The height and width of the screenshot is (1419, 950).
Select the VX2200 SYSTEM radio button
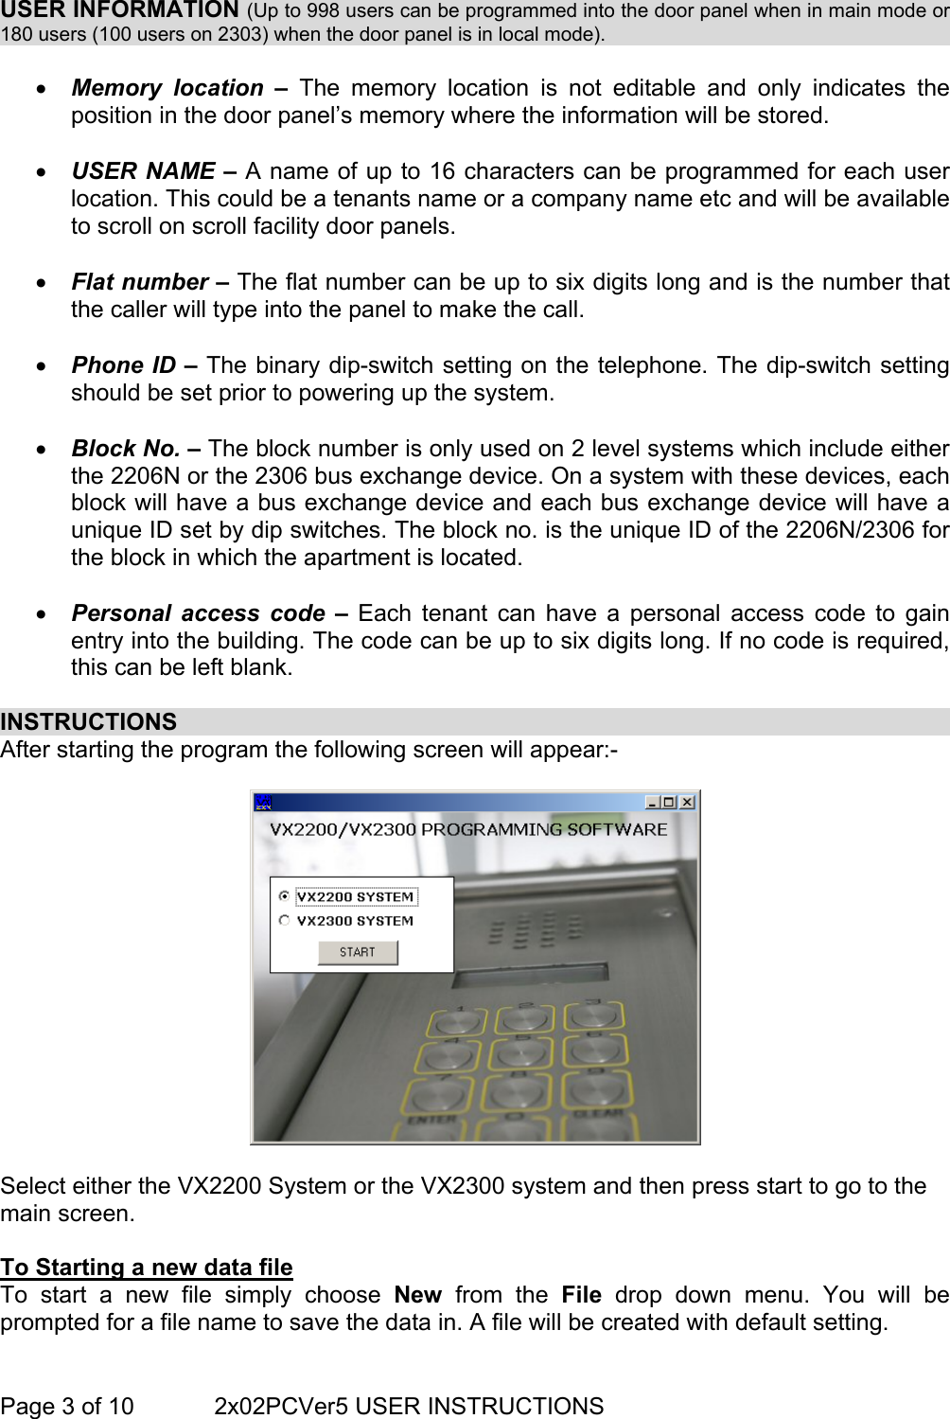pos(284,896)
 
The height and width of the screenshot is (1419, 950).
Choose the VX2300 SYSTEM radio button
pos(284,920)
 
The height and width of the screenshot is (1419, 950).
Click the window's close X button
pos(687,802)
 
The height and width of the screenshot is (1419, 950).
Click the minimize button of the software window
pos(652,802)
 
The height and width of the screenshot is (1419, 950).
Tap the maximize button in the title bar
pos(669,802)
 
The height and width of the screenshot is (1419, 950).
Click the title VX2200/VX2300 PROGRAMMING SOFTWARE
pos(468,829)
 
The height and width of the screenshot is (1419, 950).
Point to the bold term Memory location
pos(167,88)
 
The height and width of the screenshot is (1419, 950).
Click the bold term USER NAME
pos(143,171)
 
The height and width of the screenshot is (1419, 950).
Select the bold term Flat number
pos(140,282)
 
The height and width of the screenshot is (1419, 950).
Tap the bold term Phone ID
pos(124,365)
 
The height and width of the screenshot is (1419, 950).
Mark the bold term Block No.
pos(126,449)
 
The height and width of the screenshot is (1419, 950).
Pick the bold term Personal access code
pos(198,613)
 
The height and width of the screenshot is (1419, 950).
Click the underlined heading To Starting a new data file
pos(147,1267)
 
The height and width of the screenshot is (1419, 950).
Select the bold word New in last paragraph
pos(417,1295)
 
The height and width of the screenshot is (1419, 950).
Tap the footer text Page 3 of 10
pos(67,1406)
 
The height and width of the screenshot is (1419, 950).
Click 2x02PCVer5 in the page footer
pos(281,1406)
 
